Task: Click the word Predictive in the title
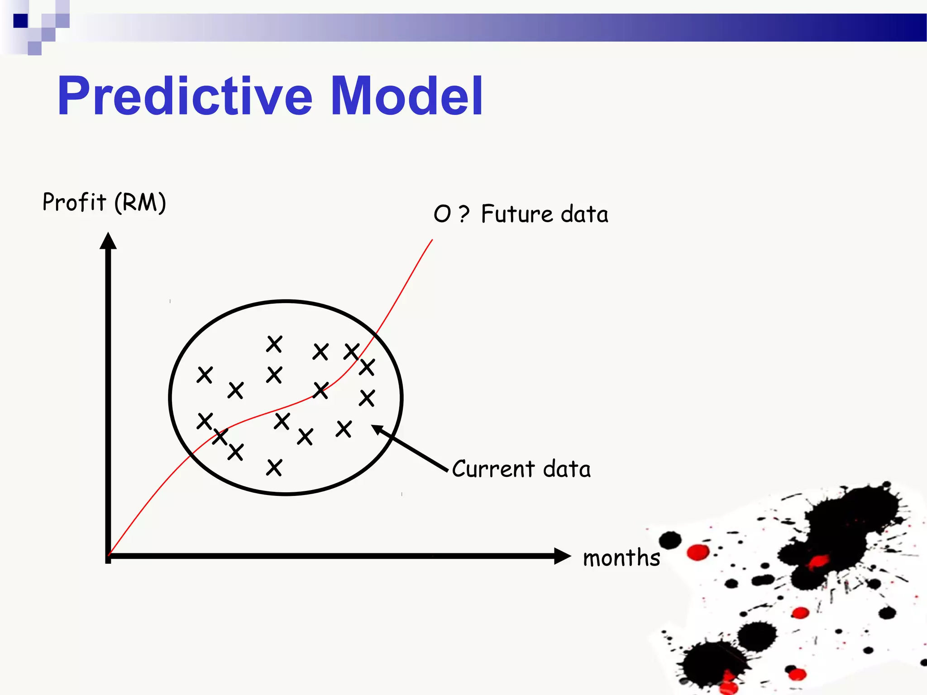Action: pyautogui.click(x=185, y=96)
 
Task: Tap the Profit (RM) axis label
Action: pyautogui.click(x=104, y=202)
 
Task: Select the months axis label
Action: pyautogui.click(x=621, y=557)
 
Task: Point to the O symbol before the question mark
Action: pyautogui.click(x=442, y=214)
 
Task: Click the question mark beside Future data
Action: pyautogui.click(x=464, y=214)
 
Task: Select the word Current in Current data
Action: pyautogui.click(x=493, y=468)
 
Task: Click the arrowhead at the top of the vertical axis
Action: pyautogui.click(x=108, y=241)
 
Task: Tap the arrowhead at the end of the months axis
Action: pyautogui.click(x=562, y=556)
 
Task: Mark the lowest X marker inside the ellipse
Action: pyautogui.click(x=274, y=467)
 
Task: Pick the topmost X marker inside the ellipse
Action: pyautogui.click(x=274, y=344)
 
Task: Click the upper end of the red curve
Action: pyautogui.click(x=432, y=240)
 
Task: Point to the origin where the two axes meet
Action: pyautogui.click(x=108, y=556)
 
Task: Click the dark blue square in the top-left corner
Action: pyautogui.click(x=20, y=21)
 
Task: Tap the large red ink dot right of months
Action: pyautogui.click(x=698, y=552)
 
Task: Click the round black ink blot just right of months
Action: pyautogui.click(x=670, y=540)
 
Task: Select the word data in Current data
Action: pyautogui.click(x=567, y=468)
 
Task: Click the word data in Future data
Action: pyautogui.click(x=584, y=214)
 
